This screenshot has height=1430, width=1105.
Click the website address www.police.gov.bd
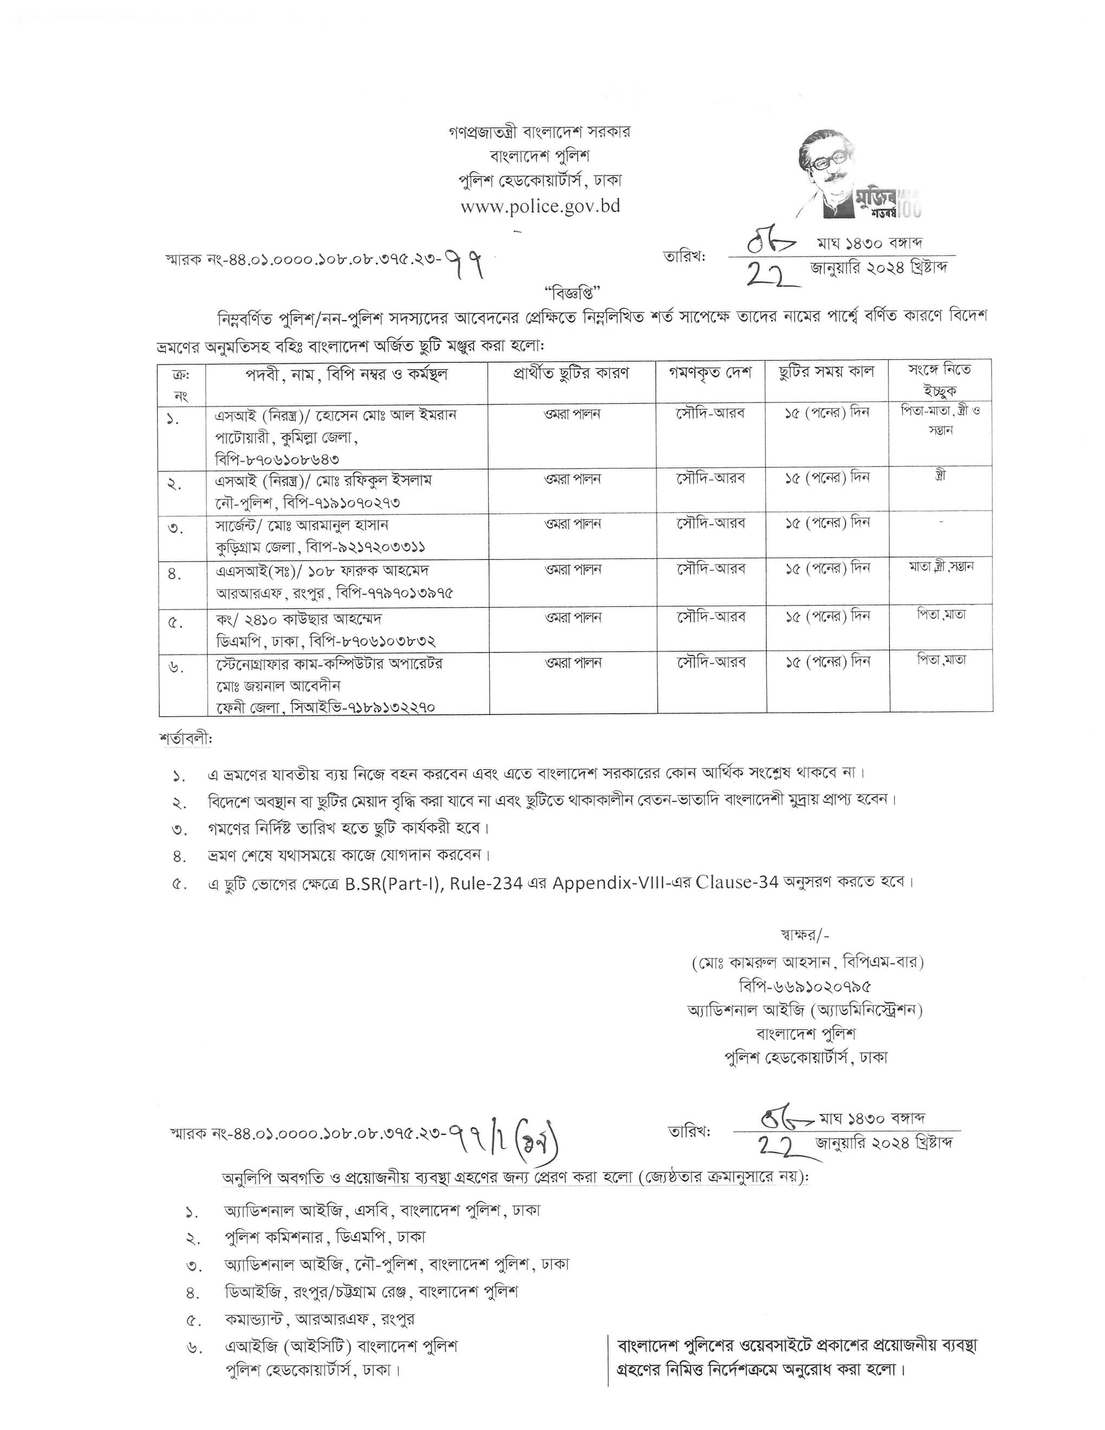pos(540,206)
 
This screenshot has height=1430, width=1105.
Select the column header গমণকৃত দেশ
pos(710,373)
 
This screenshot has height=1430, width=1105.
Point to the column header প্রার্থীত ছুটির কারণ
pos(571,373)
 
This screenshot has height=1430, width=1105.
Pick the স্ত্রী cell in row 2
pos(941,476)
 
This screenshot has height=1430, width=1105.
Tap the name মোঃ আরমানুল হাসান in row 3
pos(332,525)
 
